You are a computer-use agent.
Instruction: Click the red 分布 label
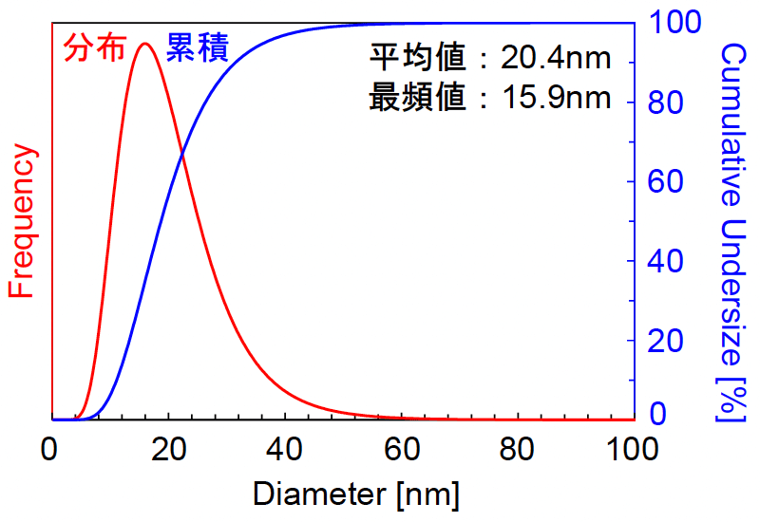tap(95, 48)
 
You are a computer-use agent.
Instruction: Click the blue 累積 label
tap(198, 47)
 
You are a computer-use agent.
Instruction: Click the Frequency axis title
tap(21, 222)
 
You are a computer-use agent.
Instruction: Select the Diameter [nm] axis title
tap(356, 494)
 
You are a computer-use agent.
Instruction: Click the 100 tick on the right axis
tap(674, 23)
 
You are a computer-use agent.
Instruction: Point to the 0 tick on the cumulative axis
tap(657, 415)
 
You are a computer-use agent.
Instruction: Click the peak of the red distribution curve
tap(144, 43)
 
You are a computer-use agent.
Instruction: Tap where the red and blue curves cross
tap(181, 154)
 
